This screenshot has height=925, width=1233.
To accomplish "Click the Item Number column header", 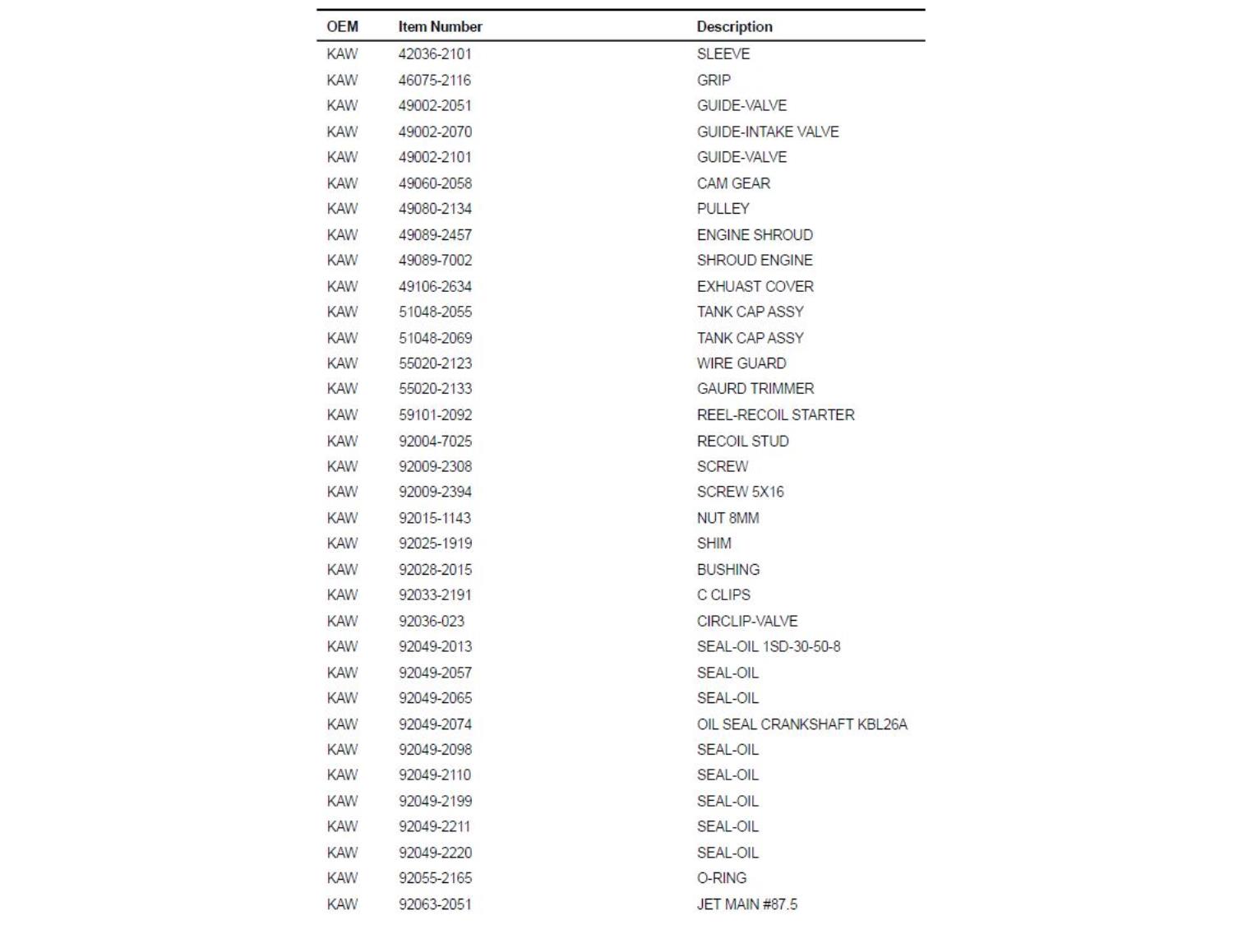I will pos(440,26).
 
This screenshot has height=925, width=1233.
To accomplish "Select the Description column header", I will pos(734,26).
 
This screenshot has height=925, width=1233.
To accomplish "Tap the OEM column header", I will pos(342,26).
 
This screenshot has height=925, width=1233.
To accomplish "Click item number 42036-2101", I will pos(435,54).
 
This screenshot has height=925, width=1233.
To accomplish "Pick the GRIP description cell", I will pos(713,80).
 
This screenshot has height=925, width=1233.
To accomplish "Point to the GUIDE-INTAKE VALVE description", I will pos(767,132).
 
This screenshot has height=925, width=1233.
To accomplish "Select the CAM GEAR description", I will pos(733,183).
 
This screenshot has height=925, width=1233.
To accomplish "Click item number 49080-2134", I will pos(435,209).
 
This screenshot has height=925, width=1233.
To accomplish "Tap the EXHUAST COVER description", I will pos(755,286).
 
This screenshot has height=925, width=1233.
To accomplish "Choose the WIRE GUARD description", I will pos(741,363).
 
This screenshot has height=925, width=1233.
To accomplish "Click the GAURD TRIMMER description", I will pos(755,389).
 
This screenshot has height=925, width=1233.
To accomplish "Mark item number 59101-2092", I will pos(435,415).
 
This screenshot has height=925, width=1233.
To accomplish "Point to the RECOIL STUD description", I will pos(742,442).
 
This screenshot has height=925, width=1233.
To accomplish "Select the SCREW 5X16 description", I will pos(740,492).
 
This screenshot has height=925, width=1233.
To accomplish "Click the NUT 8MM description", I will pos(727,518).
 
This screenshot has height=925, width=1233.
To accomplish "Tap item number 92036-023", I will pos(431,622).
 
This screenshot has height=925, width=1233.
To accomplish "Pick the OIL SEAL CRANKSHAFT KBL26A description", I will pos(801,724).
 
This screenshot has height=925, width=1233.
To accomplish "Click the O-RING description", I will pos(721,878).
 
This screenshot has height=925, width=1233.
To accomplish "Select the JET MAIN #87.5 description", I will pos(746,904).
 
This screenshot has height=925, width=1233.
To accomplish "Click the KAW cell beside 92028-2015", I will pos(342,570).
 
